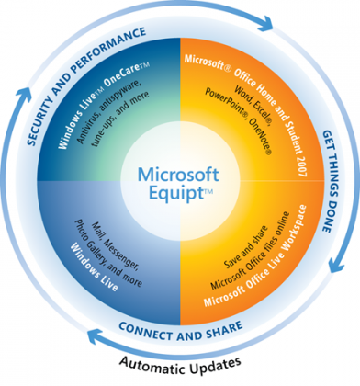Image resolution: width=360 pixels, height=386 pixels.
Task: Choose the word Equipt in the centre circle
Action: coord(180,192)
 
